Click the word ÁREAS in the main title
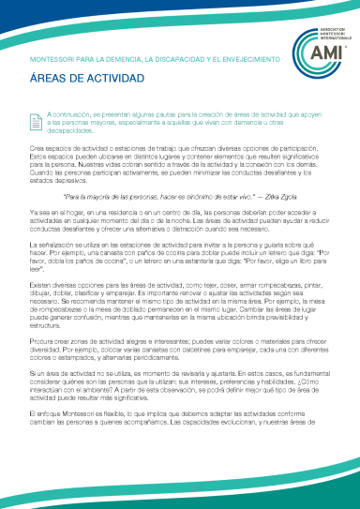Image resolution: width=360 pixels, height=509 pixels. coord(48,81)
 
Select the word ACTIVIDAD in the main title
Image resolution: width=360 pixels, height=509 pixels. coord(106,81)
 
